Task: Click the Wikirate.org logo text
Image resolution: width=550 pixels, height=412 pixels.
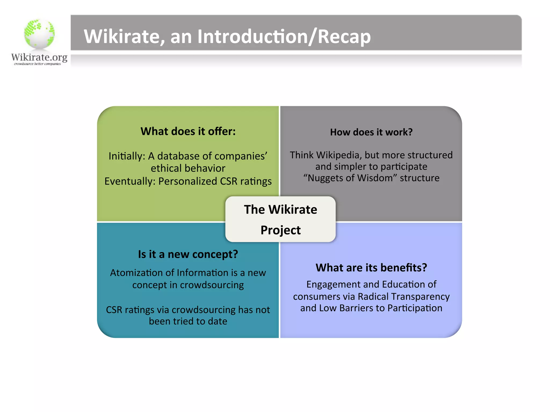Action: click(x=39, y=57)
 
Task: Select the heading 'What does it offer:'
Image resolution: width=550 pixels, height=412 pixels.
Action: click(x=188, y=131)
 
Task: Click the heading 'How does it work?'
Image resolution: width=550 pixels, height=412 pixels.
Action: click(x=371, y=132)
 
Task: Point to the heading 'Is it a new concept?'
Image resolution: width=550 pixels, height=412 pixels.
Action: click(x=188, y=254)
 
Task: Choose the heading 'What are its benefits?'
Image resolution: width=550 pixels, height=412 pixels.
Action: click(x=371, y=268)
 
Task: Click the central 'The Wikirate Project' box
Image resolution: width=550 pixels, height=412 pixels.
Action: click(x=280, y=219)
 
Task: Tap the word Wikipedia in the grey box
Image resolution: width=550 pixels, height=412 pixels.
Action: click(x=338, y=155)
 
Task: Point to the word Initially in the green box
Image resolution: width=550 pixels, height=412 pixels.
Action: click(x=127, y=156)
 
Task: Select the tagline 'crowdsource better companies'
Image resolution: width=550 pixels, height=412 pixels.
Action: click(x=37, y=64)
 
